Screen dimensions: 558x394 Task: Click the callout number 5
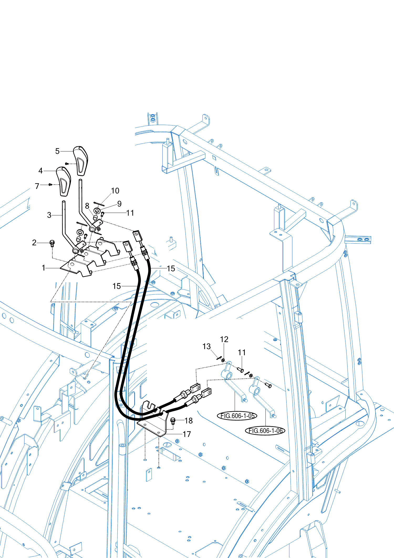pyautogui.click(x=57, y=151)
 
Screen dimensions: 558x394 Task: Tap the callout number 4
pyautogui.click(x=40, y=171)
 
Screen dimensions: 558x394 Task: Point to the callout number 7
pyautogui.click(x=37, y=186)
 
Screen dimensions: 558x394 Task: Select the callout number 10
pyautogui.click(x=115, y=190)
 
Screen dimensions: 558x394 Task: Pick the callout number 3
pyautogui.click(x=49, y=215)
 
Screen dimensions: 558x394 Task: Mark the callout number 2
pyautogui.click(x=34, y=242)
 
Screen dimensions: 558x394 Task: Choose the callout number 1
pyautogui.click(x=44, y=268)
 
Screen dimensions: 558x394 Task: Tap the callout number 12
pyautogui.click(x=224, y=339)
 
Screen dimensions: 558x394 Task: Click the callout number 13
pyautogui.click(x=206, y=346)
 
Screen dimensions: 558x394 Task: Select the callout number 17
pyautogui.click(x=187, y=434)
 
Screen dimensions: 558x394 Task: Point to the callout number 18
pyautogui.click(x=189, y=421)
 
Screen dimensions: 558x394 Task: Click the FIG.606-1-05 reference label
pyautogui.click(x=237, y=416)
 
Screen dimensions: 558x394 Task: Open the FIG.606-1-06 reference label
pyautogui.click(x=265, y=431)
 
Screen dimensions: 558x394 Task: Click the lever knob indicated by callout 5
pyautogui.click(x=81, y=160)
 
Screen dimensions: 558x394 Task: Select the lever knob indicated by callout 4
pyautogui.click(x=64, y=181)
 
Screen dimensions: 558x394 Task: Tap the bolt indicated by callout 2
pyautogui.click(x=52, y=243)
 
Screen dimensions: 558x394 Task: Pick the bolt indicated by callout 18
pyautogui.click(x=173, y=421)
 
